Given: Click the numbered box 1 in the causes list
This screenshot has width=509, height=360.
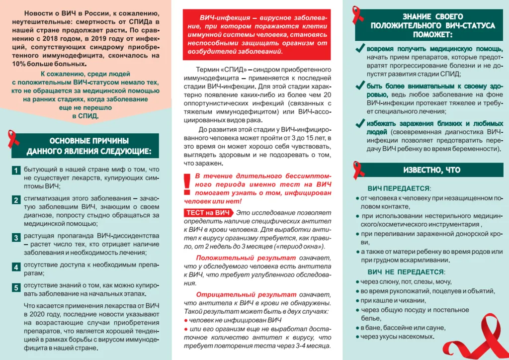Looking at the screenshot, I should coord(16,171).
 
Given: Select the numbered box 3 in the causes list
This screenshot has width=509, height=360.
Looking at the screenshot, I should coord(16,238).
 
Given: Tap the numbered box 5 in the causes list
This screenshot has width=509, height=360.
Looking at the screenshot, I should coord(16,287).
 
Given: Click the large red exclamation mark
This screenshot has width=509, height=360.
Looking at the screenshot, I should coord(187,184).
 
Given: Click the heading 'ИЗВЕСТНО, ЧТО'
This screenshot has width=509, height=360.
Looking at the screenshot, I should coord(431,170).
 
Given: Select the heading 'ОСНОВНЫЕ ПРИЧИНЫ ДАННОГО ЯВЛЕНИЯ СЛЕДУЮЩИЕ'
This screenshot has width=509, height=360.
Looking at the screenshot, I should coord(88,146).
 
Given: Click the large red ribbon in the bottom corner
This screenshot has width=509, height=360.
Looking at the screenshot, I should coord(472,338).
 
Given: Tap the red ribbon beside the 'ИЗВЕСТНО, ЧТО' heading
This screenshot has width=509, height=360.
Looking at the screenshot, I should coord(359,170).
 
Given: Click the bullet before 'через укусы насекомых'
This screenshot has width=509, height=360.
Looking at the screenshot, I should coord(357,337).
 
